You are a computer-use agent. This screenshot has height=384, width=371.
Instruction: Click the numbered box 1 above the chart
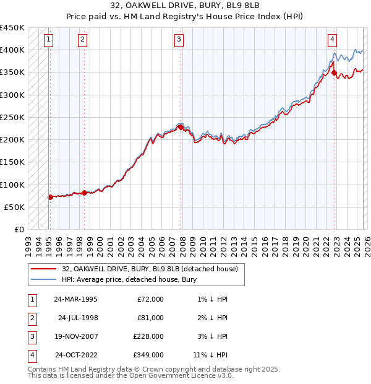point(49,40)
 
